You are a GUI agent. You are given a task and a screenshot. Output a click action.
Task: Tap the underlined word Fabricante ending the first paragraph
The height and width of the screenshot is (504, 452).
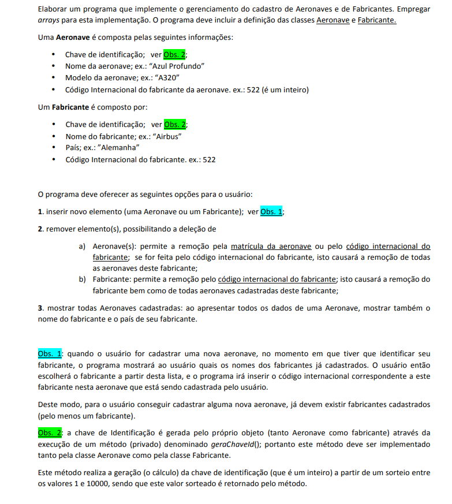pos(377,20)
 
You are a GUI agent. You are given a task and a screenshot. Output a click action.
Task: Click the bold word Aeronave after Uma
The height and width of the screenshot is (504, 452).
pos(73,38)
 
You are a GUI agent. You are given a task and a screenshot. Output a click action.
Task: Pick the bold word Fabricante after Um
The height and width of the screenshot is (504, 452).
pos(70,107)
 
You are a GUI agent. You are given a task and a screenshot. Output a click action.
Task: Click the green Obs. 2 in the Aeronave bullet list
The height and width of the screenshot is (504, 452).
pos(174,55)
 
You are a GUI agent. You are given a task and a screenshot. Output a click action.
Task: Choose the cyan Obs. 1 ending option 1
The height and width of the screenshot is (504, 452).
pos(271,212)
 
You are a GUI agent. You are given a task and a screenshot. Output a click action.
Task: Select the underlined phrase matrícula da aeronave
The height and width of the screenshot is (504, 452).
pos(279,247)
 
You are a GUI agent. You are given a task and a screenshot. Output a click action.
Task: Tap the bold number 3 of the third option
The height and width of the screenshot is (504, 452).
pos(40,308)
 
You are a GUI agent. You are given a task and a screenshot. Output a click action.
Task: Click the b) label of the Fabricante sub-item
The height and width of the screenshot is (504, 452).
pos(83,279)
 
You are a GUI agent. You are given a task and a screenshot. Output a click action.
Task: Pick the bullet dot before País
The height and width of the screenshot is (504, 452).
pos(53,148)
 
